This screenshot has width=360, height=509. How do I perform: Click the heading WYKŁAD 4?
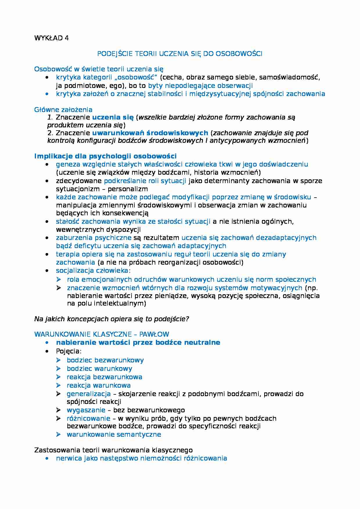[51, 38]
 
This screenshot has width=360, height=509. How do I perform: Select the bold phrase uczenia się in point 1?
[113, 118]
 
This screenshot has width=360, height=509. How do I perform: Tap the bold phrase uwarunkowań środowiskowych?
[150, 133]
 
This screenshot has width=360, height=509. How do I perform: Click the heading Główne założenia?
[63, 110]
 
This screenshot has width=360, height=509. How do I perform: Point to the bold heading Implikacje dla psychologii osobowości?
[105, 156]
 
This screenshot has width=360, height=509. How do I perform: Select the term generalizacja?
[89, 394]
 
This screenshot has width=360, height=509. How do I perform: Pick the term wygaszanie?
[86, 410]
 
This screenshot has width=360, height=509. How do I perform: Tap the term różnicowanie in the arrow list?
[88, 418]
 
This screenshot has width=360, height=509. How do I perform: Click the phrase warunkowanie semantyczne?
[114, 434]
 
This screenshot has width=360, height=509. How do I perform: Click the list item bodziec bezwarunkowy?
[105, 360]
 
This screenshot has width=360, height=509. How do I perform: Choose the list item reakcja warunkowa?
[98, 385]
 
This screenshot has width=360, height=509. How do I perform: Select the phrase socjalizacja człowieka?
[92, 270]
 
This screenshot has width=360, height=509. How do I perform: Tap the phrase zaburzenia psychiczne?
[93, 238]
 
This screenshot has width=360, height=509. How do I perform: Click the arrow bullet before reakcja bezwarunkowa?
[59, 377]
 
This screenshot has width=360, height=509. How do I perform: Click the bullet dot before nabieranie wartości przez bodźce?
[47, 343]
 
